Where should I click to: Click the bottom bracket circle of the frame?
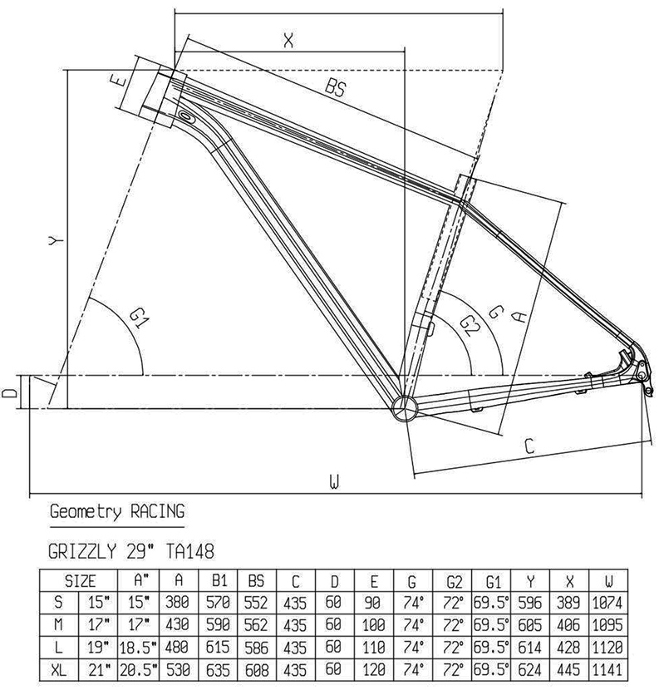tap(403, 409)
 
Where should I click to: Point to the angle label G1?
tap(139, 317)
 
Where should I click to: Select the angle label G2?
tap(470, 323)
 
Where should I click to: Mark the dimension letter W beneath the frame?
tap(334, 481)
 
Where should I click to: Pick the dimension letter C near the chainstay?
tap(527, 446)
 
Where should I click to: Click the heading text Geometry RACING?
tap(117, 511)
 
